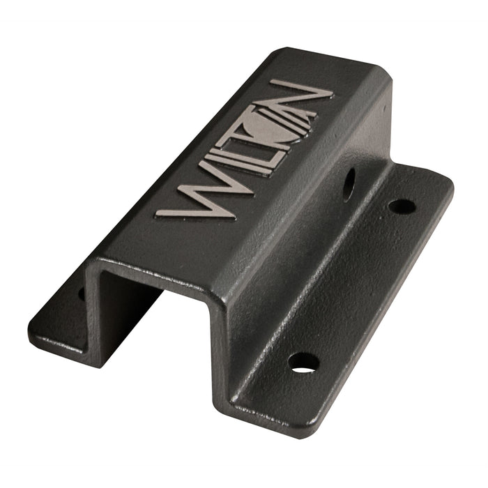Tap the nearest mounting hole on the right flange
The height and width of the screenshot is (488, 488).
[x=304, y=362]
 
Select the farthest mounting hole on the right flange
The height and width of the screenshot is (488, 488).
[x=402, y=206]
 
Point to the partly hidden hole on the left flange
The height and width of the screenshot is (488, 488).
[x=81, y=293]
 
